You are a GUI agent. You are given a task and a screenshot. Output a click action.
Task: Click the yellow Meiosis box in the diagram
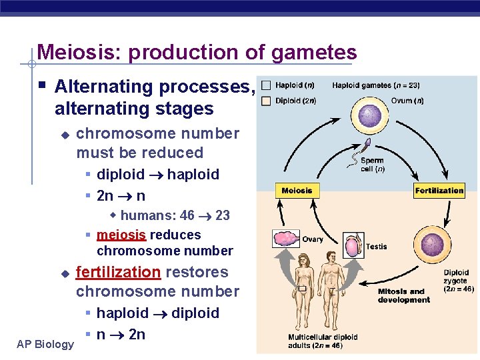pos(297,191)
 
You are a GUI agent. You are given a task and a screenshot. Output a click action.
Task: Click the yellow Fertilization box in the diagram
pos(439,191)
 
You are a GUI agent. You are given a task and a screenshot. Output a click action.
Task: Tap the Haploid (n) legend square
pos(266,85)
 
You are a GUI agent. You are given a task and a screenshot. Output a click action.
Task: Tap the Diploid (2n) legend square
pos(266,101)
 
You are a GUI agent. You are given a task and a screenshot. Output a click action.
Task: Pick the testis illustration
pos(353,245)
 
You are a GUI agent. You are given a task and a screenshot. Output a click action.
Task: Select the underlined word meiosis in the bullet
pos(122,235)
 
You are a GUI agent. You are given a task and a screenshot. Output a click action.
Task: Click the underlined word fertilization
pos(118,272)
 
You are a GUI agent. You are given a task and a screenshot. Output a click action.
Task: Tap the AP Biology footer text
pos(45,344)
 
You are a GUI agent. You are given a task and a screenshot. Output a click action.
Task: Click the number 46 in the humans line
pos(187,215)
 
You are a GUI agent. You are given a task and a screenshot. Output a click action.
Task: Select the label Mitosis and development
pos(401,295)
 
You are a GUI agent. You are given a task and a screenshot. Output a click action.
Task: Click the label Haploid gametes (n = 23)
pos(375,85)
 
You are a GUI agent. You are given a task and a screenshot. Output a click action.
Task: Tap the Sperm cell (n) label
pos(372,165)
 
